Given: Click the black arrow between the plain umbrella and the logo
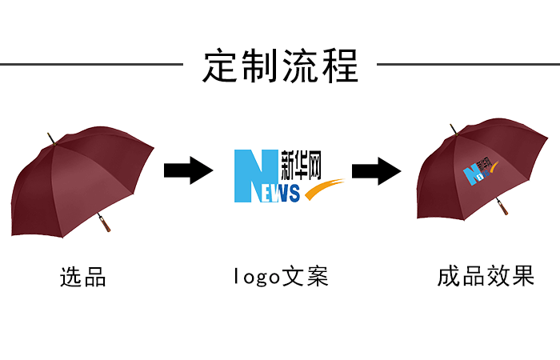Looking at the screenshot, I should (x=188, y=170).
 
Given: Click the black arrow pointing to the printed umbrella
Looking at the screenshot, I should (x=376, y=170).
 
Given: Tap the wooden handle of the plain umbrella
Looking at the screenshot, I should (x=104, y=223).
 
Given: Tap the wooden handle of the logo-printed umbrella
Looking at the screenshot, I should (x=502, y=208).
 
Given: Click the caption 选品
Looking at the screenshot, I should (x=83, y=278).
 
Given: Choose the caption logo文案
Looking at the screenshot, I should (x=280, y=278).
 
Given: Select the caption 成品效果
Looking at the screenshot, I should (x=485, y=278).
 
